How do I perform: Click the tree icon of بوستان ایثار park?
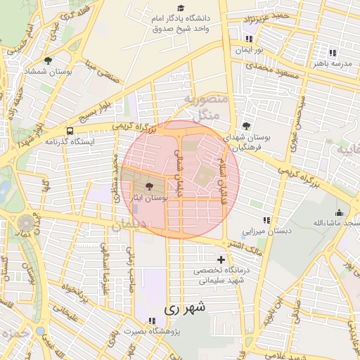tap(149, 187)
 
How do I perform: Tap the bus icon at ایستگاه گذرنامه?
tap(70, 131)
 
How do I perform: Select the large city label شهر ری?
tap(186, 307)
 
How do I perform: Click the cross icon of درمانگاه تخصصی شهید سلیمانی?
tap(221, 259)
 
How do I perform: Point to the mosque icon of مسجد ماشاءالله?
tap(340, 213)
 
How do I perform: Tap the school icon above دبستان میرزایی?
tap(266, 220)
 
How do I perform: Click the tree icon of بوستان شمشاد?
tap(48, 61)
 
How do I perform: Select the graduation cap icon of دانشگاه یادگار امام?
tap(181, 8)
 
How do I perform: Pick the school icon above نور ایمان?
tap(248, 39)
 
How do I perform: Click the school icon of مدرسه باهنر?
tap(333, 53)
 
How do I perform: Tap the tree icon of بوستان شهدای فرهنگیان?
tap(245, 125)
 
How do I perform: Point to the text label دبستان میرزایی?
tap(266, 231)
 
